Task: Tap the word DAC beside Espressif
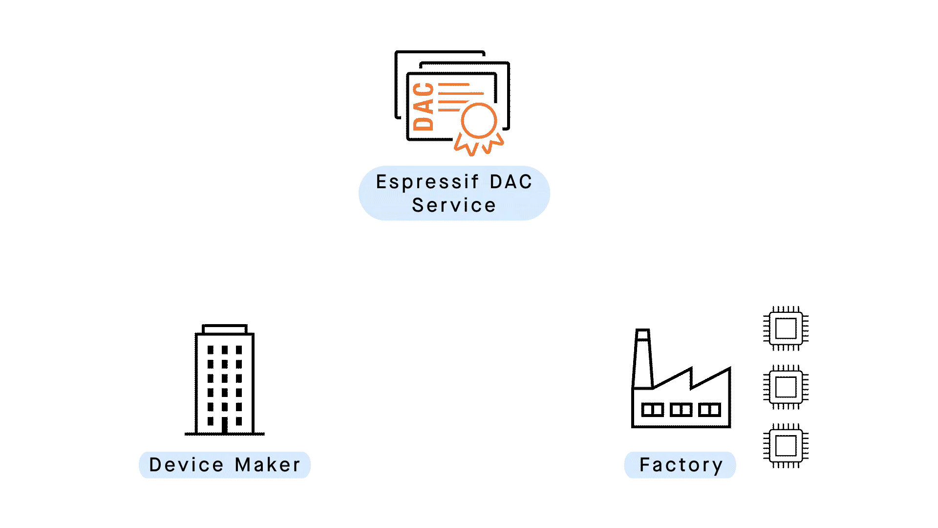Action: (x=511, y=182)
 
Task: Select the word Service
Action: (x=454, y=205)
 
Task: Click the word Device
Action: (x=186, y=465)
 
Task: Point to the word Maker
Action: (x=268, y=465)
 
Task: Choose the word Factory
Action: (x=681, y=465)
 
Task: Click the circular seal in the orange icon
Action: (x=479, y=120)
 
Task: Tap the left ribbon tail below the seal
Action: (x=465, y=145)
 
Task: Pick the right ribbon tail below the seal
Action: (x=493, y=145)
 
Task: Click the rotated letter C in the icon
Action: (x=423, y=89)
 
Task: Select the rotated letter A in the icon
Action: (x=423, y=106)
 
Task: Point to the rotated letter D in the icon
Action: (x=423, y=123)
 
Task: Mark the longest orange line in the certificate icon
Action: (x=461, y=93)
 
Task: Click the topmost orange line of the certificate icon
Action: (x=454, y=85)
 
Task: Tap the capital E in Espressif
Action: (x=381, y=182)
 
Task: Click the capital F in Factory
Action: (x=644, y=465)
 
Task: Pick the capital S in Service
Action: (x=418, y=205)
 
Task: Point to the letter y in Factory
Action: (x=718, y=466)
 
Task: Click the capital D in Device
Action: (x=155, y=465)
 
